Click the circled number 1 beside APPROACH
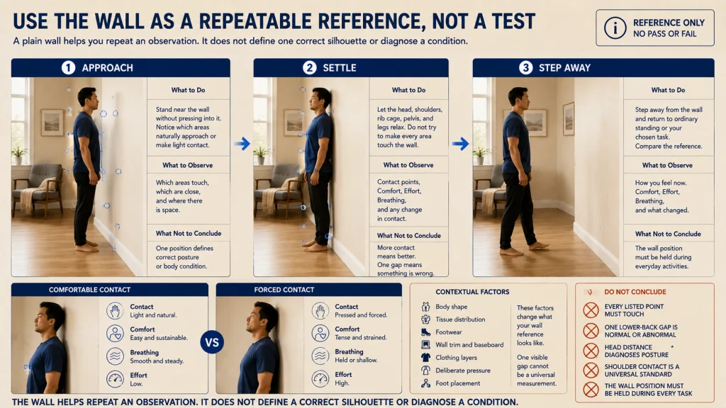pyautogui.click(x=69, y=68)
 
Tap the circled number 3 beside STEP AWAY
pyautogui.click(x=525, y=68)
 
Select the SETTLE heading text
pyautogui.click(x=340, y=68)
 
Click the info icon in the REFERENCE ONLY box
pyautogui.click(x=615, y=28)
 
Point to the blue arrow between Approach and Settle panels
pyautogui.click(x=242, y=143)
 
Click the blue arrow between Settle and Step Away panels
pyautogui.click(x=460, y=143)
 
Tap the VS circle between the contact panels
pyautogui.click(x=212, y=342)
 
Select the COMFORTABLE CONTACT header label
pyautogui.click(x=89, y=290)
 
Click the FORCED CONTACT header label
pyautogui.click(x=284, y=290)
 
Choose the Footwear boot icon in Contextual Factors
pyautogui.click(x=425, y=331)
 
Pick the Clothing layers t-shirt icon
pyautogui.click(x=425, y=357)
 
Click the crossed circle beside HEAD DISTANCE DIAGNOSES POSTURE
pyautogui.click(x=591, y=351)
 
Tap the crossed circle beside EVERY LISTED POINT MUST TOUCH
pyautogui.click(x=591, y=310)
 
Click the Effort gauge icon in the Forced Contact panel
pyautogui.click(x=320, y=378)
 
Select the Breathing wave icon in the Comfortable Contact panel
pyautogui.click(x=115, y=356)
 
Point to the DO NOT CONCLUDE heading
pyautogui.click(x=635, y=292)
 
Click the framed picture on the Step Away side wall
pyautogui.click(x=569, y=119)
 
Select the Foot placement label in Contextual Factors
pyautogui.click(x=457, y=383)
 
